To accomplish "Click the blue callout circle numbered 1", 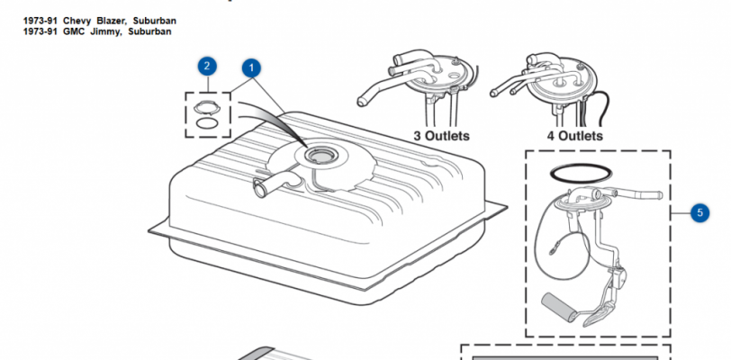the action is coord(251,68).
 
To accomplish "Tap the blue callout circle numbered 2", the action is coord(207,66).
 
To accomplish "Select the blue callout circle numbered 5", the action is coord(699,212).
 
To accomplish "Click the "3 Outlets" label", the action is coord(441,136).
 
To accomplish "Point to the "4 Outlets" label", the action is coord(575,136).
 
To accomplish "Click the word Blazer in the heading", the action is coord(112,21).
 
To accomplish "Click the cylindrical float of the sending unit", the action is coord(558,304).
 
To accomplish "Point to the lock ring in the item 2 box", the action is coord(207,108).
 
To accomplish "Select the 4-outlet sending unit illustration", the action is coord(550,88).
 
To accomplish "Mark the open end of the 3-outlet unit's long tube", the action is coord(361,101).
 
